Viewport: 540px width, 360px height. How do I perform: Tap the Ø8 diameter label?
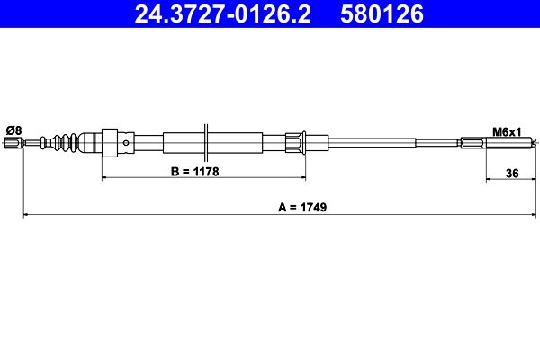tap(13, 130)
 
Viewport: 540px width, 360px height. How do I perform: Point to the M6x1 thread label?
tap(506, 132)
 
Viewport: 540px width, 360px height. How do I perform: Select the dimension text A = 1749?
tap(301, 206)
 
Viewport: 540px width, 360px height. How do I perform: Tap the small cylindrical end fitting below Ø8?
tap(13, 142)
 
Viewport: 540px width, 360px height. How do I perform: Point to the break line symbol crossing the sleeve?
tap(208, 142)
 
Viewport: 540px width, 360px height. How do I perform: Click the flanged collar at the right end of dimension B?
tap(294, 142)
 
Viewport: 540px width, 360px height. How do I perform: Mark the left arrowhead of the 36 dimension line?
tap(490, 178)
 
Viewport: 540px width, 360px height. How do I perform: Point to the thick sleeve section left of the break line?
tap(184, 142)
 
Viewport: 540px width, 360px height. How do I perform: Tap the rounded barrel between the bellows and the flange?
tap(91, 142)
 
